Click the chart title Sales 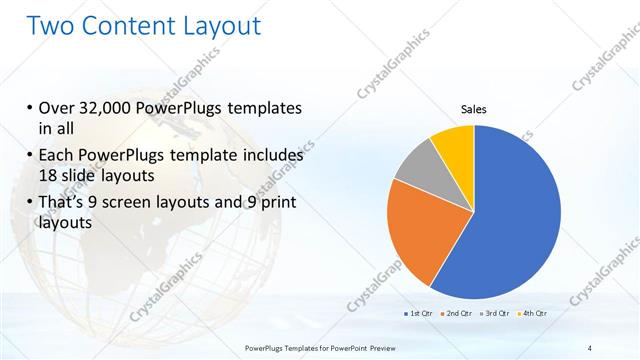point(473,110)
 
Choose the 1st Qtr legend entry point(416,314)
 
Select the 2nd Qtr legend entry point(457,314)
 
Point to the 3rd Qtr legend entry point(496,314)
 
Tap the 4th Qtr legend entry point(533,314)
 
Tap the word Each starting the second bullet point(56,156)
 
